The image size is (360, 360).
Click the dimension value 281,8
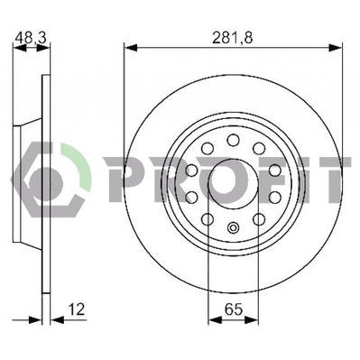coord(233,38)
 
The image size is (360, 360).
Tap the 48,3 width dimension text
coord(31,38)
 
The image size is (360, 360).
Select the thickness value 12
coord(77,309)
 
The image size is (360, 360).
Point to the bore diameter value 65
coord(234,309)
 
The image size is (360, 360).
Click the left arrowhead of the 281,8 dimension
coord(131,48)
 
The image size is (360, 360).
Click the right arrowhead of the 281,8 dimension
coord(335,48)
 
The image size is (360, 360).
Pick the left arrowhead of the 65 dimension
coord(215,320)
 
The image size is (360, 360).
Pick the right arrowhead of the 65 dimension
coord(252,320)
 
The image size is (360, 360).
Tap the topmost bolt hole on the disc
coord(233,140)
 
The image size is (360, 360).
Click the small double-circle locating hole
coord(233,227)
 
